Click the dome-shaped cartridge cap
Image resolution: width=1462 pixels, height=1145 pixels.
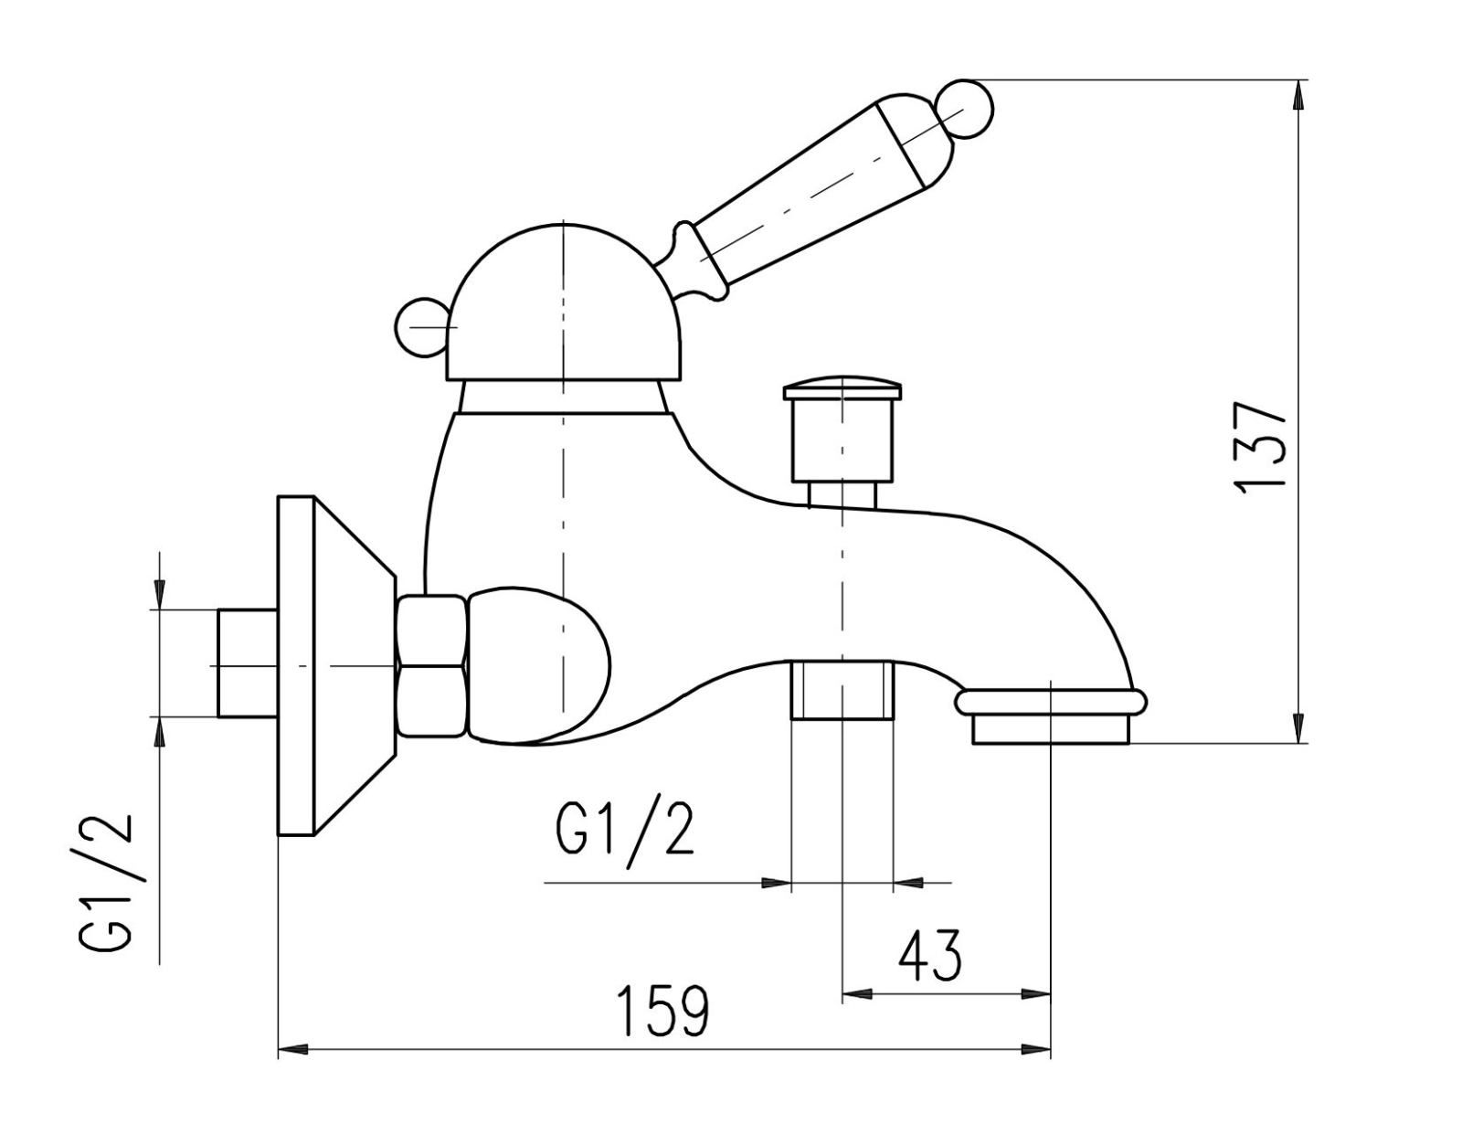563,302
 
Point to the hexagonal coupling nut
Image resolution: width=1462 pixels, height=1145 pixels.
432,665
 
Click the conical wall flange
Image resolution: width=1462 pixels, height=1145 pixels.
335,666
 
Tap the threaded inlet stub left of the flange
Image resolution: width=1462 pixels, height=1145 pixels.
247,663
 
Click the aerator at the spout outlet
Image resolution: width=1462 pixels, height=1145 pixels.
1051,716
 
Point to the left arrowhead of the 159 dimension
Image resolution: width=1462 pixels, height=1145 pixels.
293,1067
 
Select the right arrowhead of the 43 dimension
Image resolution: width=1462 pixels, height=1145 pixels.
1035,992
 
